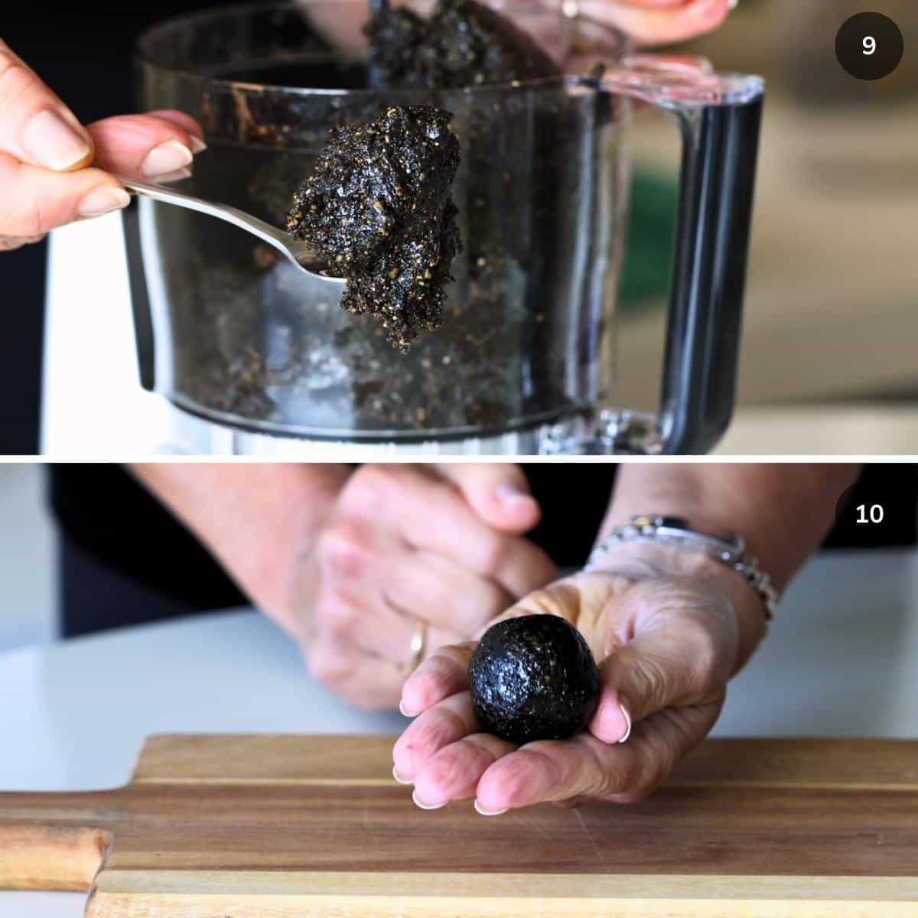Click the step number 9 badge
[x=868, y=46]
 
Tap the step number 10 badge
[x=869, y=513]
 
